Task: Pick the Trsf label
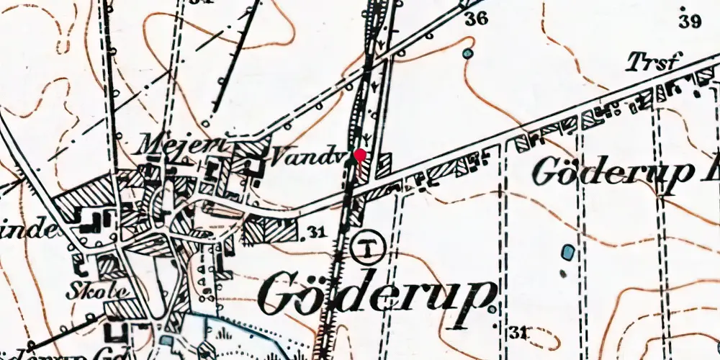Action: tap(652, 63)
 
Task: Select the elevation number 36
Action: tap(476, 19)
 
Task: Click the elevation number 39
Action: tap(690, 22)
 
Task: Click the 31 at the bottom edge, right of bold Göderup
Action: tap(518, 332)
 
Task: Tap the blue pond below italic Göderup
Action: tap(569, 252)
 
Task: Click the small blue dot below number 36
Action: tap(469, 53)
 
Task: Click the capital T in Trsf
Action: tap(634, 63)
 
